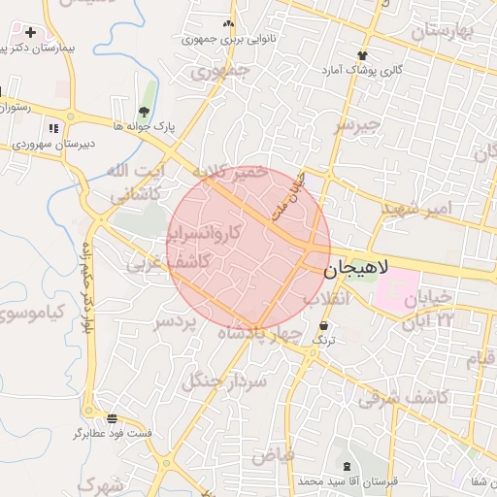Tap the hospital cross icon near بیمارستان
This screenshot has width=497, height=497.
tap(30, 33)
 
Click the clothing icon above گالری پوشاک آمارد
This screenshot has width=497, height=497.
tap(363, 55)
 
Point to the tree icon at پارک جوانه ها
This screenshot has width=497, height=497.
tap(145, 111)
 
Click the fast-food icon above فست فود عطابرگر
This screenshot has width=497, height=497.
tap(113, 418)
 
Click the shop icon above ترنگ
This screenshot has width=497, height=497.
tap(322, 326)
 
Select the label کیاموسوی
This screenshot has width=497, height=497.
tap(29, 312)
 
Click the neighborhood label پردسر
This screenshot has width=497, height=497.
tap(176, 321)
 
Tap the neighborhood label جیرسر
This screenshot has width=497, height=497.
tap(353, 125)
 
